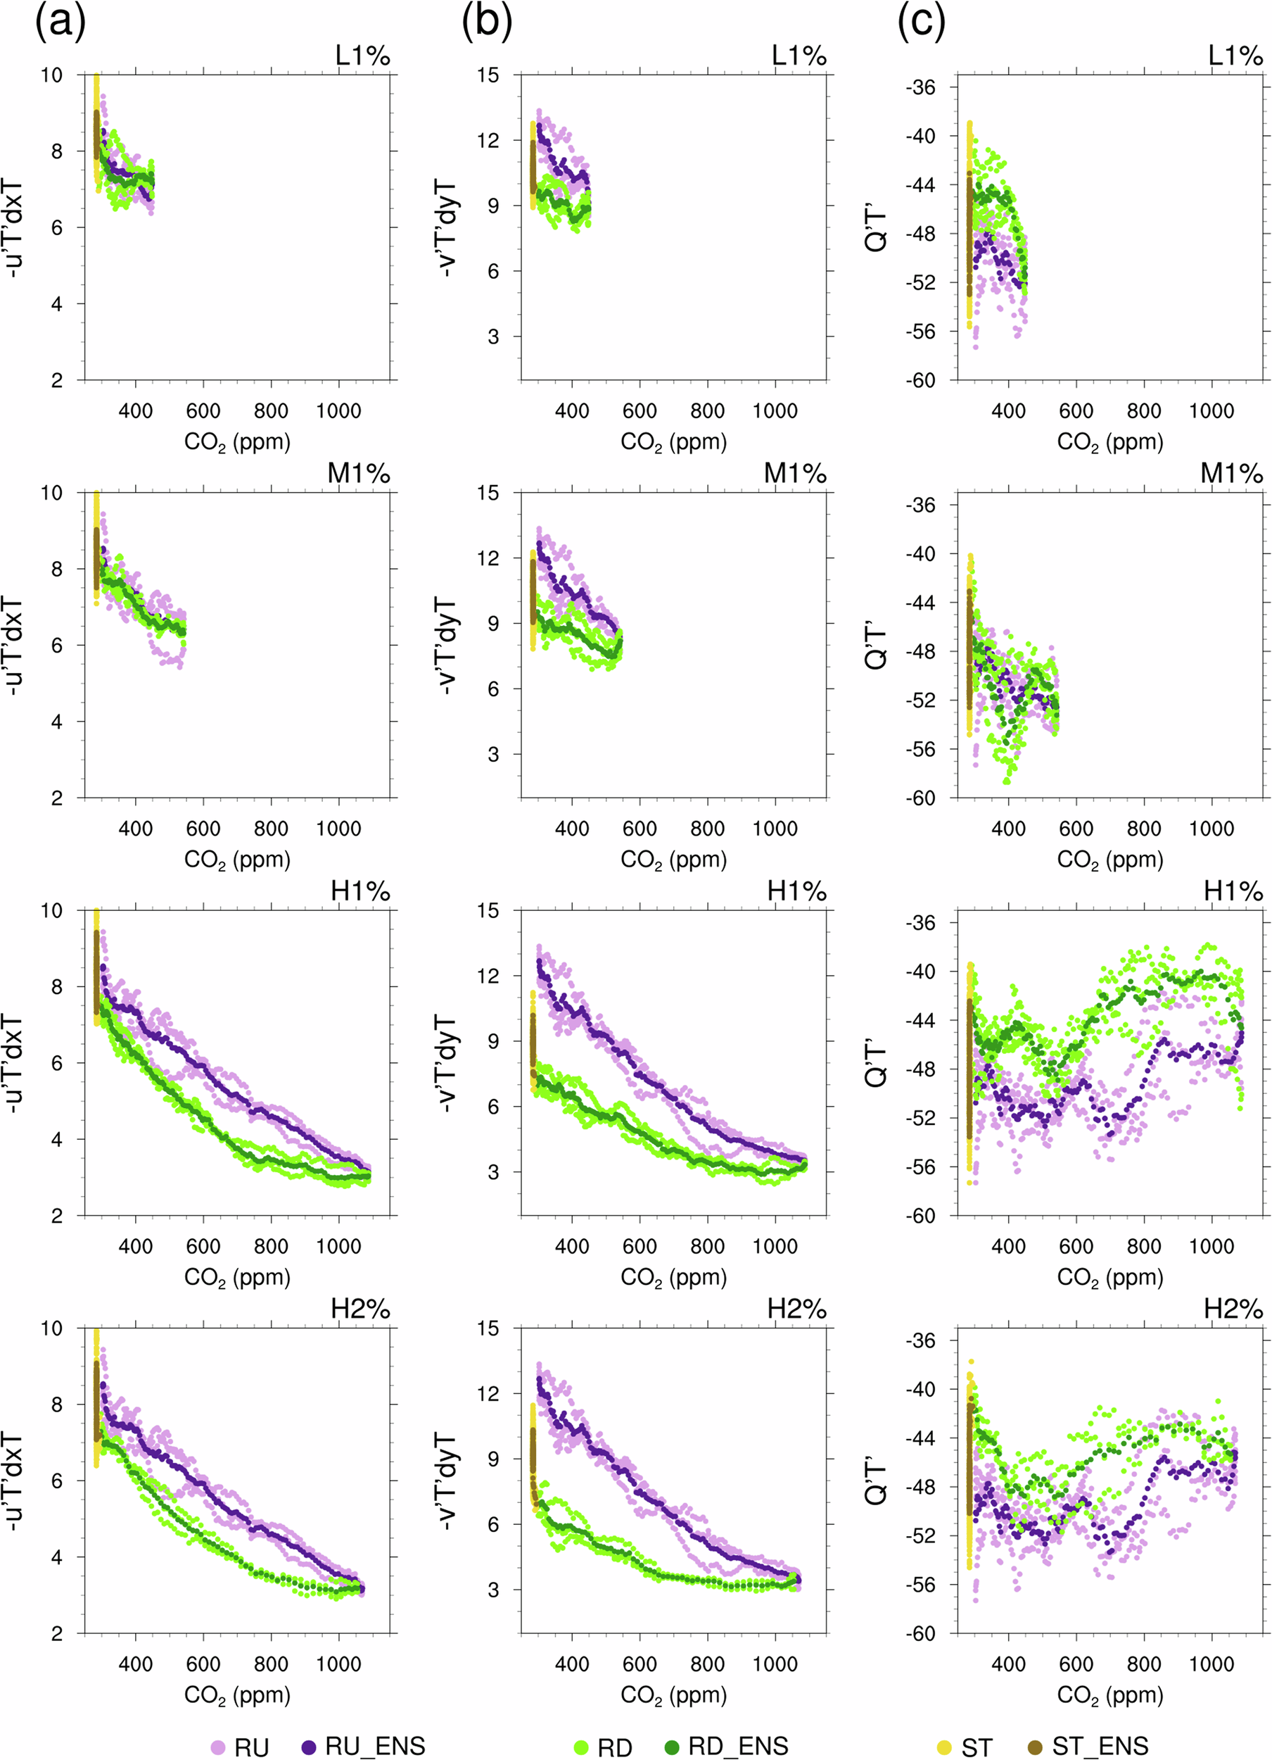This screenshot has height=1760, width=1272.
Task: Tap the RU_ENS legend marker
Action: (310, 1746)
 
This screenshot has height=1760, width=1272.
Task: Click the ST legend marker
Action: (945, 1747)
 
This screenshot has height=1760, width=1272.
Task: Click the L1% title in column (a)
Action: (362, 56)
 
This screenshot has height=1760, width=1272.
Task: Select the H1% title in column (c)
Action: (1233, 892)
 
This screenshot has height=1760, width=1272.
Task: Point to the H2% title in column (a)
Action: (360, 1309)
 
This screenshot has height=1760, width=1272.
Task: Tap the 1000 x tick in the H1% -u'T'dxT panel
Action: (338, 1246)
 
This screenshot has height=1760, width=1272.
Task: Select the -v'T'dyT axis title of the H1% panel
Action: (447, 1062)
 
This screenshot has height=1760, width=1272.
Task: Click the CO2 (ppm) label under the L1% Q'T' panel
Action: (1110, 442)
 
